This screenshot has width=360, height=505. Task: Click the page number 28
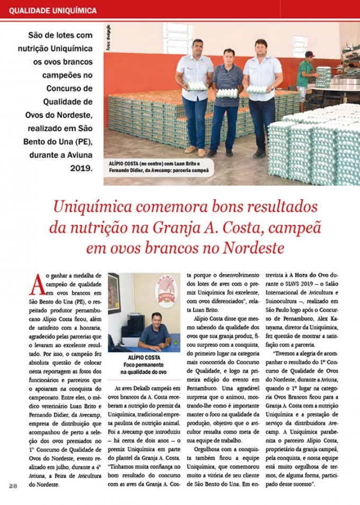coord(13,485)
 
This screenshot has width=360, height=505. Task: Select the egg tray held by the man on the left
coord(197,86)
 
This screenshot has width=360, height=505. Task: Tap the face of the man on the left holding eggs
coord(198,47)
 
